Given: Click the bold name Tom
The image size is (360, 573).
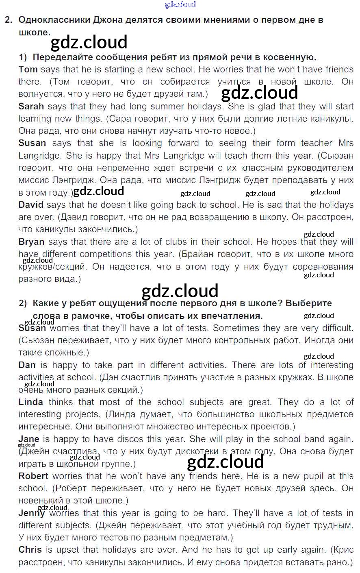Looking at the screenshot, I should pyautogui.click(x=28, y=70).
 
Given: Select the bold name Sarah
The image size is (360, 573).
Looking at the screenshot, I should pyautogui.click(x=31, y=107).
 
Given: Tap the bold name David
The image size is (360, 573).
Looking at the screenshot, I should pyautogui.click(x=31, y=205).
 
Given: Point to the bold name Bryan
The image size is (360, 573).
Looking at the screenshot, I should pyautogui.click(x=31, y=242).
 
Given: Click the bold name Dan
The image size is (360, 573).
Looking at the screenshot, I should pyautogui.click(x=27, y=365).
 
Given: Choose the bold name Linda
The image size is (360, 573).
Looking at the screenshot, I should pyautogui.click(x=30, y=402).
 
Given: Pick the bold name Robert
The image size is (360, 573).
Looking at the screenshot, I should pyautogui.click(x=33, y=476).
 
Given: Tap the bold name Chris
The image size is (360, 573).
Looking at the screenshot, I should pyautogui.click(x=30, y=550).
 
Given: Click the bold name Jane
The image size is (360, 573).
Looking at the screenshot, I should pyautogui.click(x=28, y=439).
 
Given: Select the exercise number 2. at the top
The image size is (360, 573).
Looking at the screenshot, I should pyautogui.click(x=9, y=20).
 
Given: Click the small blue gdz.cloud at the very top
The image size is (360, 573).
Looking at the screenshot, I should pyautogui.click(x=180, y=4).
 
